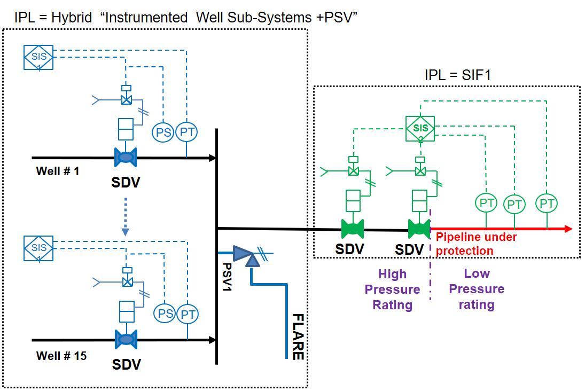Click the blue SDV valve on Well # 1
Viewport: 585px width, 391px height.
click(x=126, y=158)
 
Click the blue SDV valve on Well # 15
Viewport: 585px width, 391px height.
click(x=126, y=339)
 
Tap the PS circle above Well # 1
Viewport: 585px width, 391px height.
click(x=163, y=132)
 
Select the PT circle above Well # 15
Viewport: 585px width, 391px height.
click(x=188, y=314)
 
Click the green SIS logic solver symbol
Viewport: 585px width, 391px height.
click(x=420, y=129)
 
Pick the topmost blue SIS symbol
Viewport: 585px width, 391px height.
click(x=39, y=57)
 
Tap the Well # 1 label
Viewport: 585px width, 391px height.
click(x=57, y=171)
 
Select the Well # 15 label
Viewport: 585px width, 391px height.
click(x=61, y=355)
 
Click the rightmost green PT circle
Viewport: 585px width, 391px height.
click(x=547, y=203)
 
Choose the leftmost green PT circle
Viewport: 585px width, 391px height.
click(x=486, y=203)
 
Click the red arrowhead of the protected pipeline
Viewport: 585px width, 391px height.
click(x=567, y=229)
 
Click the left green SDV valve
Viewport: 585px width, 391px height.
click(x=353, y=229)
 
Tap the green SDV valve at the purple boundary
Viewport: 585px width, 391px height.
click(x=419, y=229)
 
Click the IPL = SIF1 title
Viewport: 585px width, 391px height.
click(x=457, y=75)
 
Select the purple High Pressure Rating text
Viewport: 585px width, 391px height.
click(x=392, y=290)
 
